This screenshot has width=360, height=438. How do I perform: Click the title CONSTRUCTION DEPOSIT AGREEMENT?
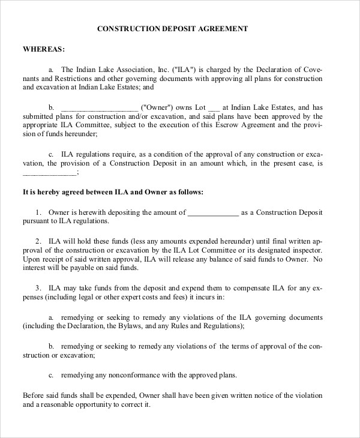pyautogui.click(x=172, y=28)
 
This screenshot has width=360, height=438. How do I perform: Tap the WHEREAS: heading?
pyautogui.click(x=44, y=49)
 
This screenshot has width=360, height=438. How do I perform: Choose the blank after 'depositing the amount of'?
pyautogui.click(x=213, y=212)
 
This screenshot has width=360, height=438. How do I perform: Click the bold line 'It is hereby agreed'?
pyautogui.click(x=113, y=193)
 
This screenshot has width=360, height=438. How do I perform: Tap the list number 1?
pyautogui.click(x=38, y=212)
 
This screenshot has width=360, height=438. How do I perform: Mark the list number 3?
pyautogui.click(x=38, y=287)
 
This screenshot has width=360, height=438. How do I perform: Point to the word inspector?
pyautogui.click(x=307, y=250)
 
